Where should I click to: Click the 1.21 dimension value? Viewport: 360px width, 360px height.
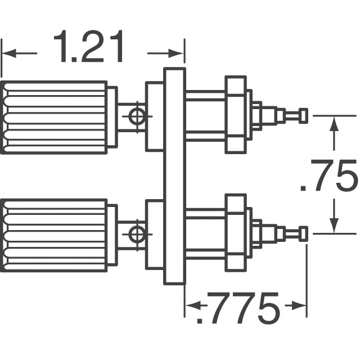coord(89,47)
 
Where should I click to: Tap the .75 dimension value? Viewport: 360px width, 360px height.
coord(329,174)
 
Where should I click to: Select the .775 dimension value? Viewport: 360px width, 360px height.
coord(238,308)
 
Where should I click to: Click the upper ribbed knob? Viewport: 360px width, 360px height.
coord(54,118)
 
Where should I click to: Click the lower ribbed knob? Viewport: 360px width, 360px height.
coord(54,236)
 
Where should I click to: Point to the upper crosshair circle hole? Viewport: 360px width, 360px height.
coord(137,116)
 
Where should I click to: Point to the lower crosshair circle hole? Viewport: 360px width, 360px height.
coord(137,235)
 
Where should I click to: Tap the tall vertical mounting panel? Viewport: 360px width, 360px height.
coord(174,176)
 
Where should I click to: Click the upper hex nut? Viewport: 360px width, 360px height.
coord(236,114)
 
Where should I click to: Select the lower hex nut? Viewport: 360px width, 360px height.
coord(236,232)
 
